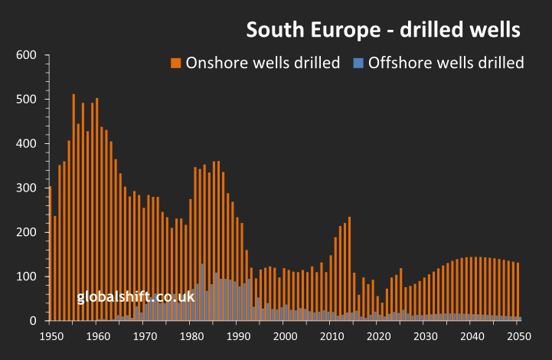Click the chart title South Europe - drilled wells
383,30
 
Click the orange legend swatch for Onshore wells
175,63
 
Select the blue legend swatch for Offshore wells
358,63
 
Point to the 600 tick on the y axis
27,55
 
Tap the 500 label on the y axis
27,100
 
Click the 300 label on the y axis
27,188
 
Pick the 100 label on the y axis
27,277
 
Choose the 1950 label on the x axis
51,336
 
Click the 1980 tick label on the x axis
191,336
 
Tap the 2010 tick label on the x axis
332,336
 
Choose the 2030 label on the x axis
425,336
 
